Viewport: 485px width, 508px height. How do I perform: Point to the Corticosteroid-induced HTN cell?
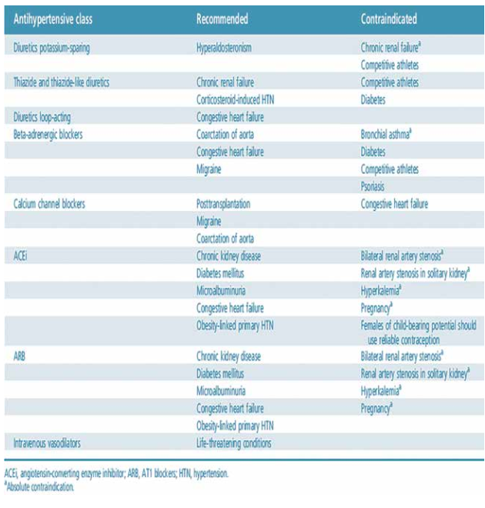point(246,99)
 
